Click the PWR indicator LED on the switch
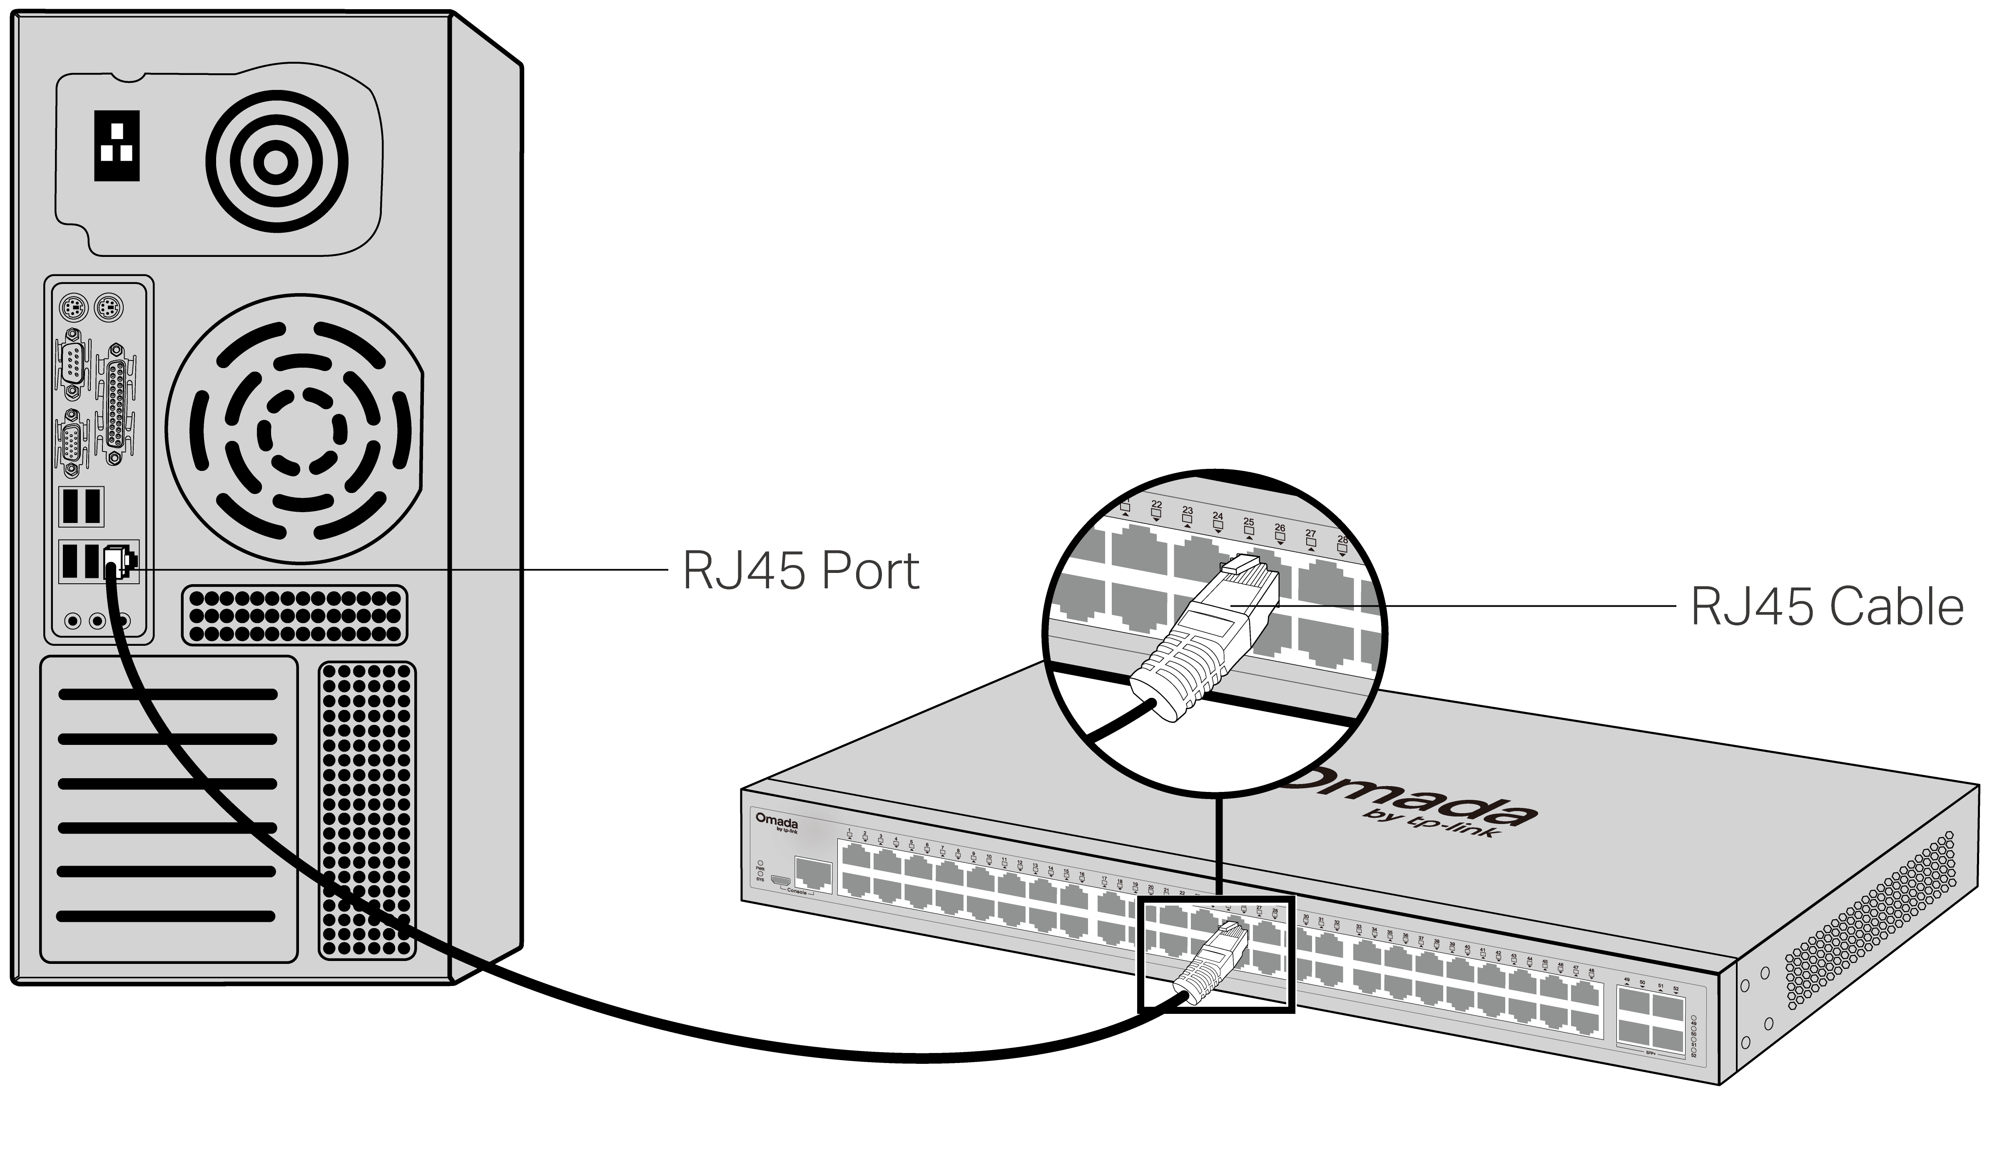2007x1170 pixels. tap(761, 864)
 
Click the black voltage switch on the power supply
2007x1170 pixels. tap(116, 146)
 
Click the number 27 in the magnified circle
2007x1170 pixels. tap(1310, 534)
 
